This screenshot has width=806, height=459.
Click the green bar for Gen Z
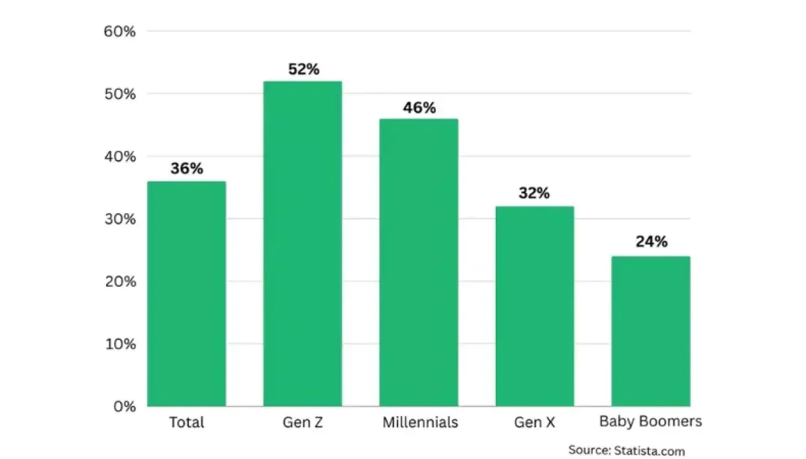302,243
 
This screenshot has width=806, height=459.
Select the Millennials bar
418,262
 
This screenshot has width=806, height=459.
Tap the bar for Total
186,293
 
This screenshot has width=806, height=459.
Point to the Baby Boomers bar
651,331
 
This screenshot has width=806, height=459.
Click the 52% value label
304,69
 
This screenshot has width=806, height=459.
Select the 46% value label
420,108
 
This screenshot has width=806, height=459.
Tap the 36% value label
186,169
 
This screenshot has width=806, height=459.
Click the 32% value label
534,194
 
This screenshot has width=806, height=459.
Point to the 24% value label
651,242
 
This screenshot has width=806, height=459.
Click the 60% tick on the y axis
120,31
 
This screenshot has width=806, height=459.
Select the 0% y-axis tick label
124,407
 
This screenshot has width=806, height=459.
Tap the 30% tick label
120,219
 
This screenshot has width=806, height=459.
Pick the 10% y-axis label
120,344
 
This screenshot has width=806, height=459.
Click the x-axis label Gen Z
302,423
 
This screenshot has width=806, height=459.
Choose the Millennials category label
420,423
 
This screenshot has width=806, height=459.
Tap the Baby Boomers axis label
651,422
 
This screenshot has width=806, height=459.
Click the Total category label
186,423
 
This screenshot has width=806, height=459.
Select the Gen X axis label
535,423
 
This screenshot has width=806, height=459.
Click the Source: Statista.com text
626,451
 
